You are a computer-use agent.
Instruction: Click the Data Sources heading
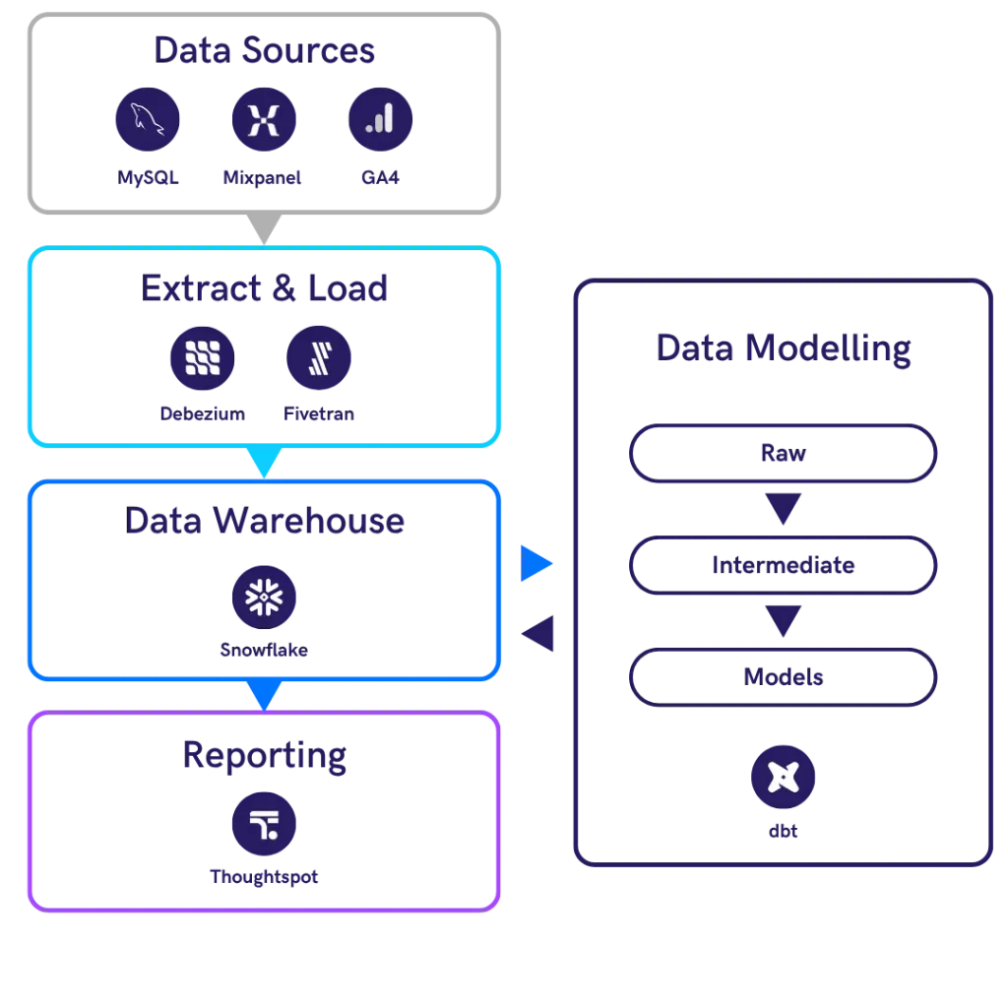coord(264,51)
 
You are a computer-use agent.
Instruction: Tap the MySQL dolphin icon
coord(147,120)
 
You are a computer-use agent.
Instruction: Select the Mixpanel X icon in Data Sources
coord(263,120)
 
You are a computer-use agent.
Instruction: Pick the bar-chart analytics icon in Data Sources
coord(380,120)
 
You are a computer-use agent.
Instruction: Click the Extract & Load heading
coord(264,288)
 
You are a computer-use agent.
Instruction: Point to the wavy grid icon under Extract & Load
coord(202,356)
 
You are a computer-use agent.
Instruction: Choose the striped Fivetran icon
coord(319,356)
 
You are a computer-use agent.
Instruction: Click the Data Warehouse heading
coord(264,521)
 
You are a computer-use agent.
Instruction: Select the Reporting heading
coord(264,755)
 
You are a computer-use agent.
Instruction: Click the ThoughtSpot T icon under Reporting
coord(263,823)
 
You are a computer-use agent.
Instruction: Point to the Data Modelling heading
coord(784,348)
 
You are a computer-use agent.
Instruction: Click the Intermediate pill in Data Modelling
coord(784,566)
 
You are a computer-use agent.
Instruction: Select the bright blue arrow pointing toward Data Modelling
coord(537,564)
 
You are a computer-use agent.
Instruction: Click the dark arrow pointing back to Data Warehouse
coord(540,633)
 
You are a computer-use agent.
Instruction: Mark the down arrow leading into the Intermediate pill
coord(784,510)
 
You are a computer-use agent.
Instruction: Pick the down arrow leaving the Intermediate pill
coord(784,621)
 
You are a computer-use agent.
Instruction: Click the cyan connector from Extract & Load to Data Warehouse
coord(263,461)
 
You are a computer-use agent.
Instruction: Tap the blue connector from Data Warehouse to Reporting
coord(263,696)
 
